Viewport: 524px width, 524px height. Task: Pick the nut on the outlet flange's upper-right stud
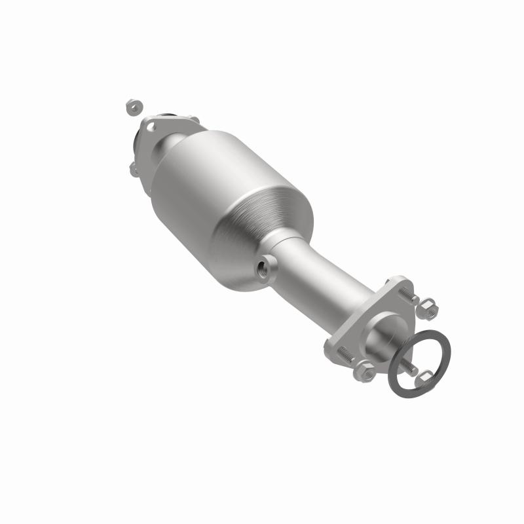pyautogui.click(x=429, y=309)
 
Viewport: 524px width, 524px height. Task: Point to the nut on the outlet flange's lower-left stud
pyautogui.click(x=365, y=371)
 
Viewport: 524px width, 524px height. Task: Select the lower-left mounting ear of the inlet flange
pyautogui.click(x=135, y=169)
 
